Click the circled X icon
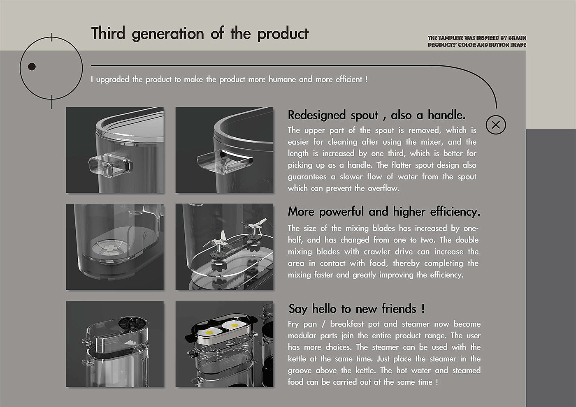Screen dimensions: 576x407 tap(496, 125)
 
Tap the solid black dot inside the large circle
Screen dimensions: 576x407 tap(32, 67)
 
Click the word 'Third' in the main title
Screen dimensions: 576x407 tap(108, 33)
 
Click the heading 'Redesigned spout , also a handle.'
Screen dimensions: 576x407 tap(377, 115)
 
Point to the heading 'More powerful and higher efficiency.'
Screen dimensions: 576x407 tap(384, 212)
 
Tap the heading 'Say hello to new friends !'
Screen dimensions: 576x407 tap(356, 309)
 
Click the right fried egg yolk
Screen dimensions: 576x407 tap(235, 326)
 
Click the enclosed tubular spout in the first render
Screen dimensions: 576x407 tap(111, 165)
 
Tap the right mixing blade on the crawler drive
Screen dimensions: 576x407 tap(255, 226)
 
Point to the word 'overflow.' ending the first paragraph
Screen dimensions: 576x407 tap(383, 188)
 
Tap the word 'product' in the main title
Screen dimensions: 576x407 tap(283, 34)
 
